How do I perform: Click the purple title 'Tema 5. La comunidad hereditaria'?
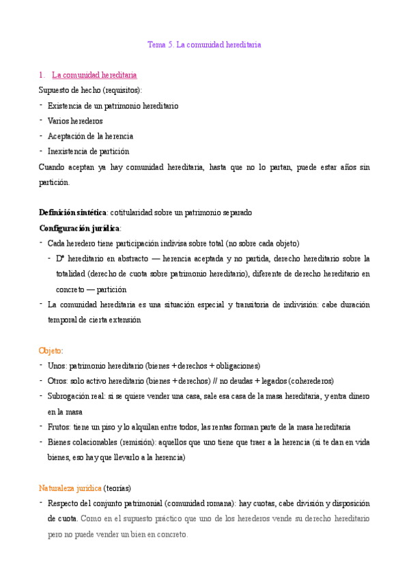tap(204, 45)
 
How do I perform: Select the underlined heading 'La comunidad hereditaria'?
tap(94, 74)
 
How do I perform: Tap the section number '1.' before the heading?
tap(42, 74)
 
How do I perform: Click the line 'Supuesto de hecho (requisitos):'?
tap(90, 89)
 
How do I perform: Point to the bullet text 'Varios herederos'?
tap(75, 121)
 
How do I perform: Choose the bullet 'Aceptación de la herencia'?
tap(90, 136)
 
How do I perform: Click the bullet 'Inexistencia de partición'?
tap(88, 151)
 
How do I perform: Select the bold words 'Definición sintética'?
tap(72, 212)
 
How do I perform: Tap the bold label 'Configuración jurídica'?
tap(79, 227)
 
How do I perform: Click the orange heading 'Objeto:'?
tap(51, 350)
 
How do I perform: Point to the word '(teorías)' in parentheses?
tap(118, 488)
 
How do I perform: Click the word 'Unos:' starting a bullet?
tap(57, 366)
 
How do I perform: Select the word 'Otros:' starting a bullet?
tap(58, 381)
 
